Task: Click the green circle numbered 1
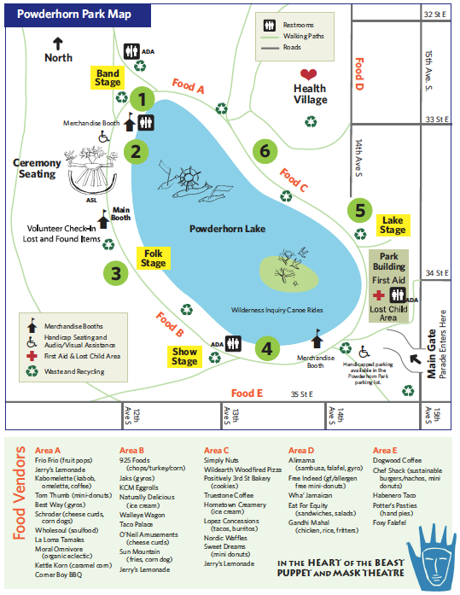[x=143, y=99]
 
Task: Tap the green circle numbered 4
[x=268, y=347]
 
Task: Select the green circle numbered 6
[x=265, y=151]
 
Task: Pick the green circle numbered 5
[x=360, y=209]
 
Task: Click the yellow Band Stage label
[x=108, y=78]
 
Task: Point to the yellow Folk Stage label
[x=154, y=258]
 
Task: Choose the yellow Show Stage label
[x=185, y=357]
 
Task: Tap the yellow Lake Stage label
[x=393, y=225]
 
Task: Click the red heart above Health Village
[x=309, y=74]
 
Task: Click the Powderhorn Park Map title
[x=77, y=15]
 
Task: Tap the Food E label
[x=247, y=393]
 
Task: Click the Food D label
[x=358, y=73]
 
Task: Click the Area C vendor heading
[x=217, y=450]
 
